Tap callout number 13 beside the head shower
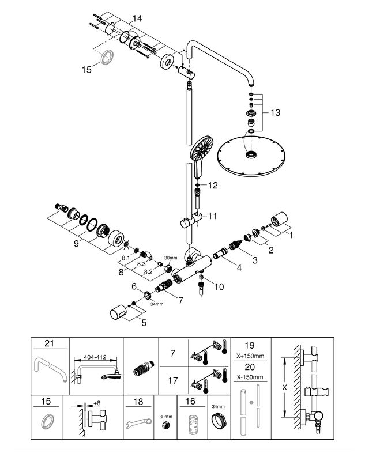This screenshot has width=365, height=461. (x=275, y=113)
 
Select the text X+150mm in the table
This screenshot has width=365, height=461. (x=251, y=356)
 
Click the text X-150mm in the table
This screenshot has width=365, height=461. (x=250, y=377)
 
